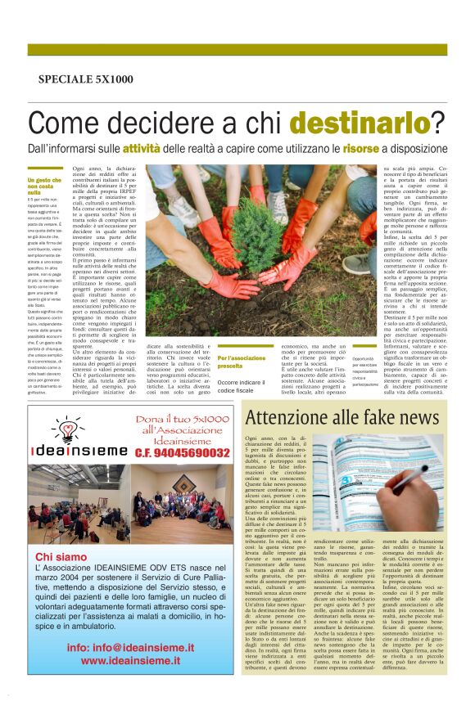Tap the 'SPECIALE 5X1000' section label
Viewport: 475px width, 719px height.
[85, 79]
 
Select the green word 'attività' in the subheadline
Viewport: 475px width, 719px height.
[142, 149]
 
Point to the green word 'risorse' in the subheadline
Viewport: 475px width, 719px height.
[361, 149]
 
